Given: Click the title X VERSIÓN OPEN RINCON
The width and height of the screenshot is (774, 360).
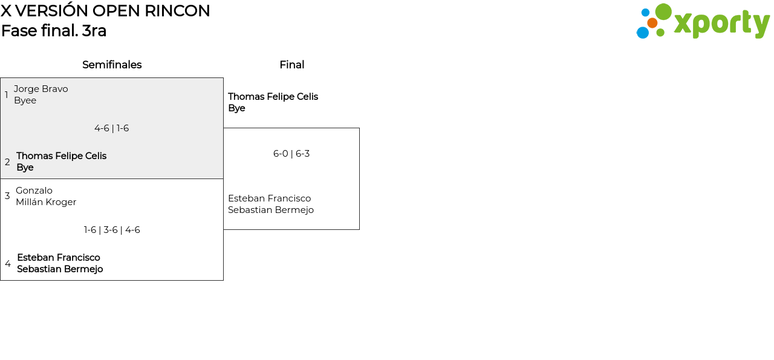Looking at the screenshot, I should (105, 11).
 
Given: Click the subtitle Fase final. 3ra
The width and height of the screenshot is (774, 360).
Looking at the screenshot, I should (54, 31).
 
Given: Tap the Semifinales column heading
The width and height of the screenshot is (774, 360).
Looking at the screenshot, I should (112, 65).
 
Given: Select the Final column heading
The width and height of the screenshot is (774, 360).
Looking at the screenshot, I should (291, 65).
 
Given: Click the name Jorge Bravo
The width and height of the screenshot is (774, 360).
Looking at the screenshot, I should (41, 89).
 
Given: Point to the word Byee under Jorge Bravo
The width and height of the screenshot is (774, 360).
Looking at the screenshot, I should (25, 100).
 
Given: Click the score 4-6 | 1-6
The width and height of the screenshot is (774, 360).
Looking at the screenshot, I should (112, 128).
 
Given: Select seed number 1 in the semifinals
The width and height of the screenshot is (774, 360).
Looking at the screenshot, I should (7, 95).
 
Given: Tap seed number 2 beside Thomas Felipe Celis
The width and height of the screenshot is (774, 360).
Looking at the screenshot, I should (7, 162).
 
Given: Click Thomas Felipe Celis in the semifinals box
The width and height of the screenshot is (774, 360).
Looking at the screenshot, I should (61, 156).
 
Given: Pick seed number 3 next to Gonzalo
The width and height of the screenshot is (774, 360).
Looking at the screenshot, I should (7, 196).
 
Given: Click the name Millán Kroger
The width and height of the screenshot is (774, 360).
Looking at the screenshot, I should (46, 202).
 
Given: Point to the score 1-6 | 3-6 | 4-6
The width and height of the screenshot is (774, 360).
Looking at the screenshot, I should (112, 230).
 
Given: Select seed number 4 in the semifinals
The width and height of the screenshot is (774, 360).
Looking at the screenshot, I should (8, 264).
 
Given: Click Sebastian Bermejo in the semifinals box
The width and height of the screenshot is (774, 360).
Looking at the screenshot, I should (60, 269).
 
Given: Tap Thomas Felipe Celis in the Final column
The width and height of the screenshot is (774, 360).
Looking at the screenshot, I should (273, 97).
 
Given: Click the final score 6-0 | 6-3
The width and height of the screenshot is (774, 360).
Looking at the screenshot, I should (291, 154).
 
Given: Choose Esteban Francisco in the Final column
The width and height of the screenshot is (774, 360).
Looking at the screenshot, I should (269, 198).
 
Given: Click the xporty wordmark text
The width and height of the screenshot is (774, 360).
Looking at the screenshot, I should (721, 24).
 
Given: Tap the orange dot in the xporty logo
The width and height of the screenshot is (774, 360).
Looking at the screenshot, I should (652, 23).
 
